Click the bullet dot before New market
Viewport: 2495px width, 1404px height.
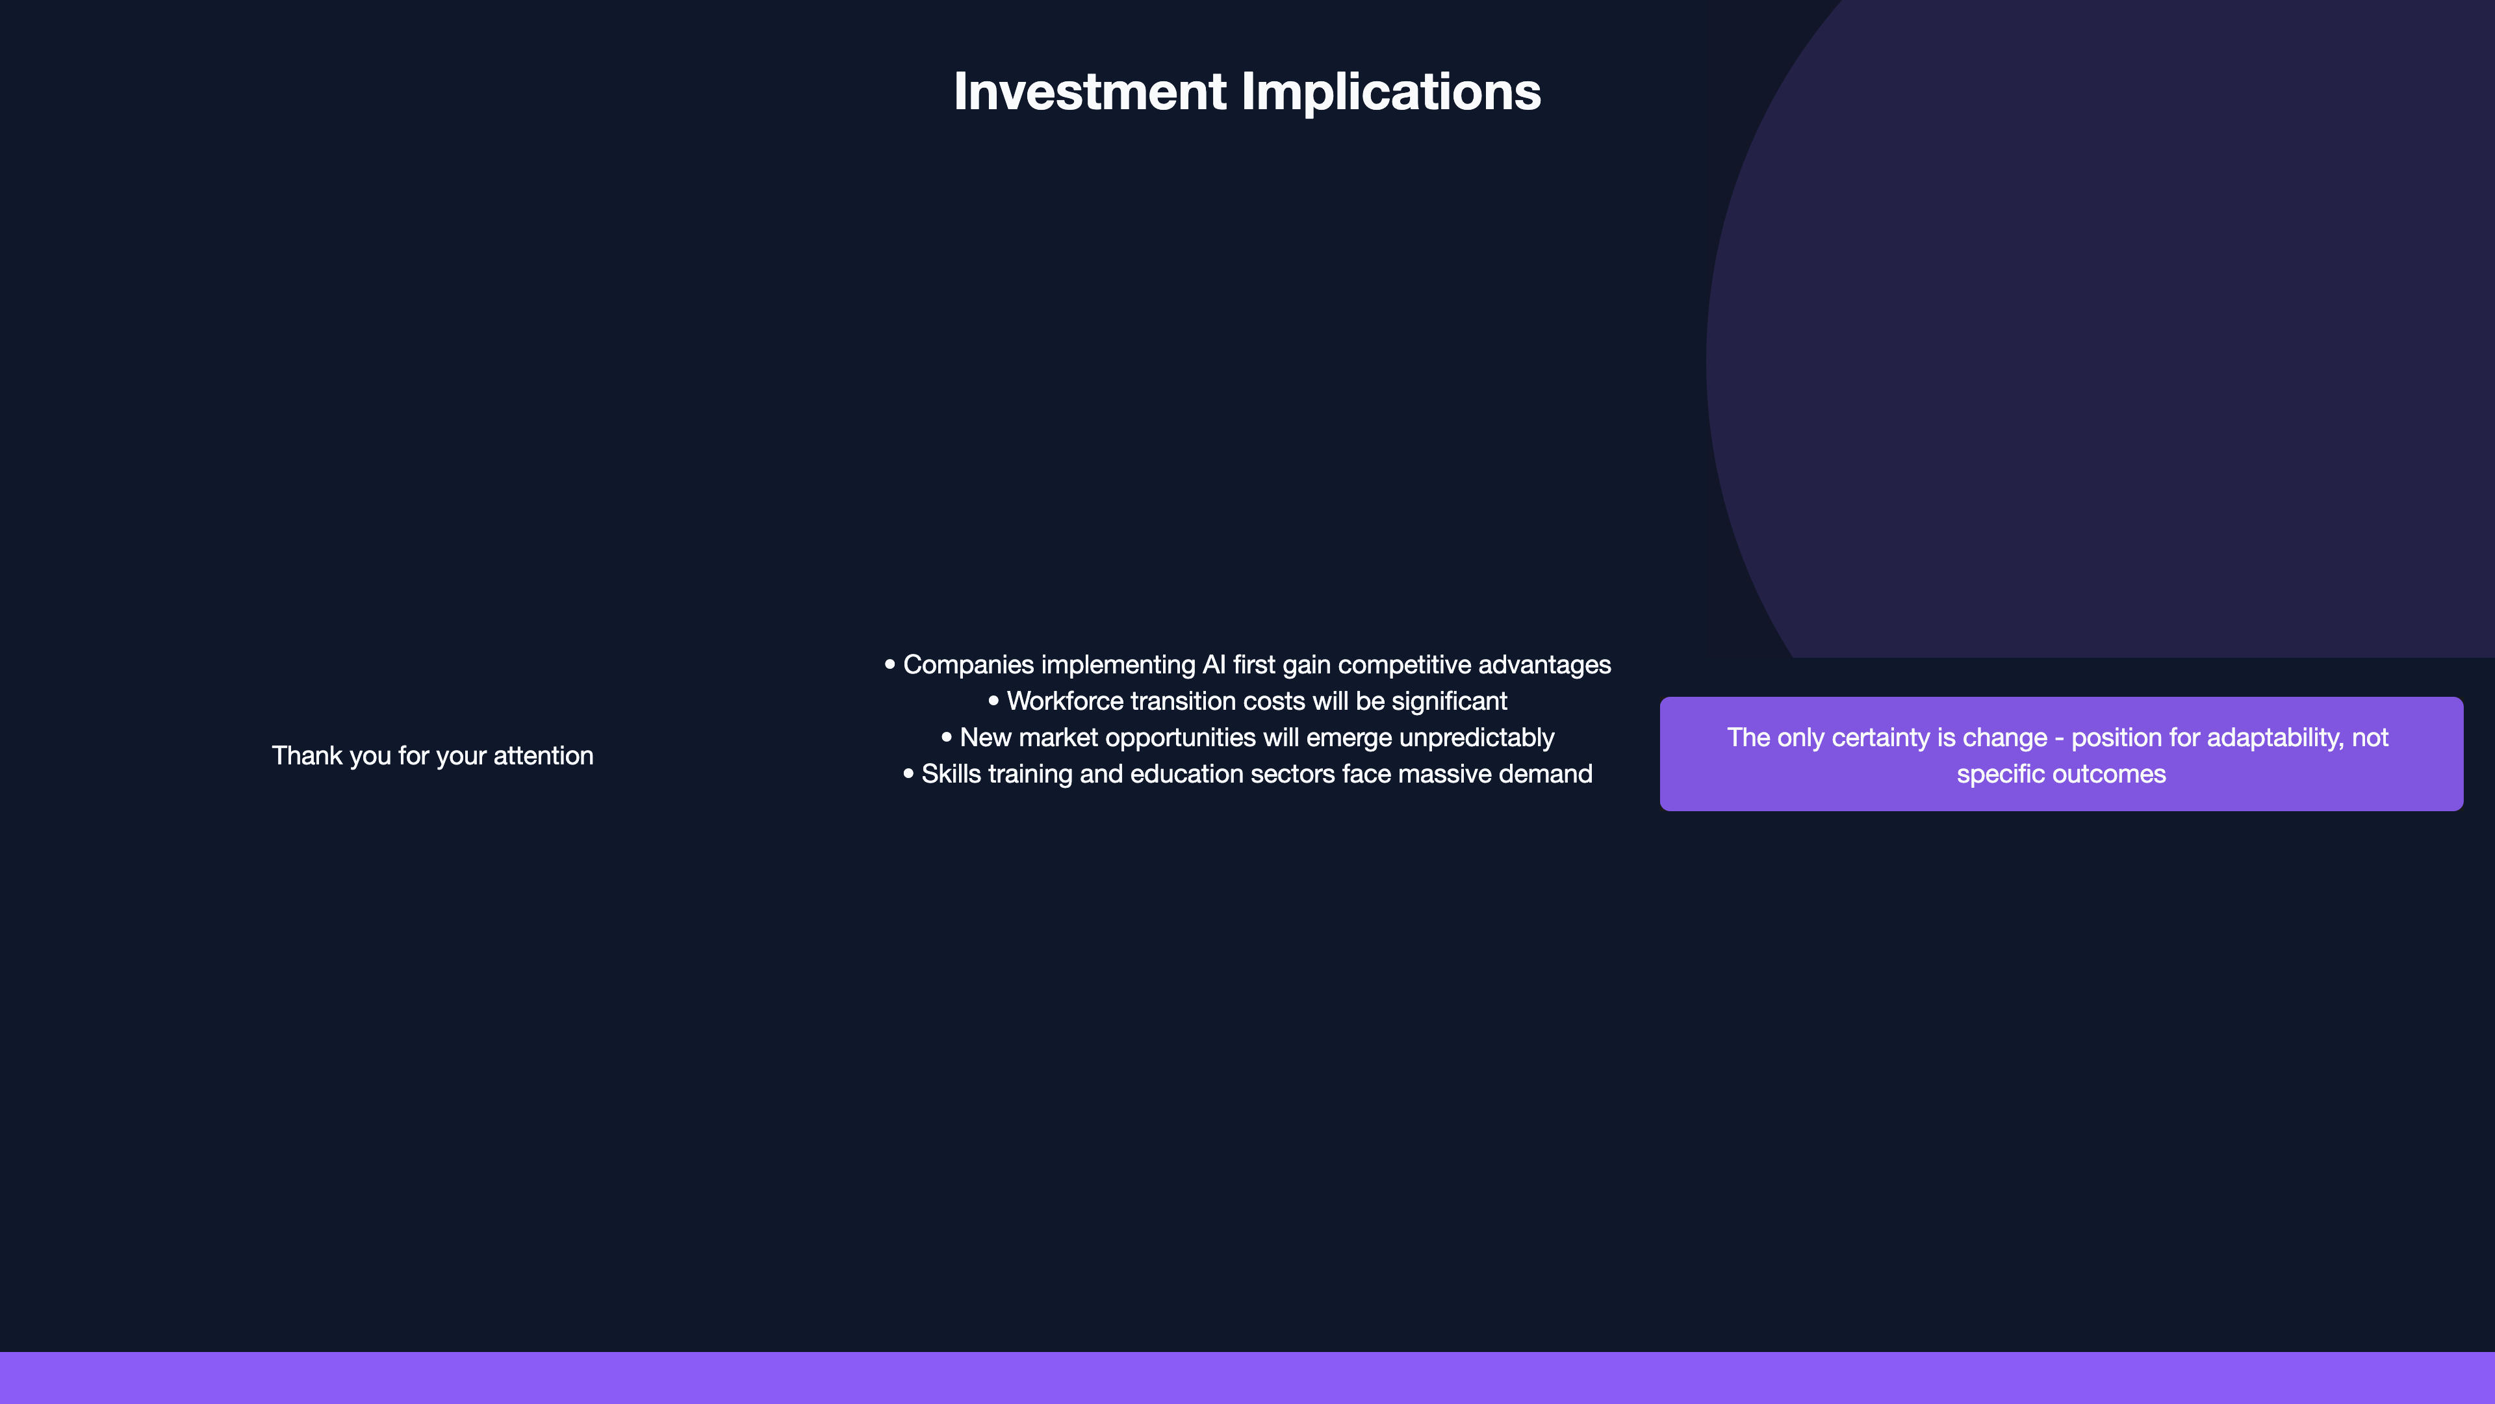(x=946, y=736)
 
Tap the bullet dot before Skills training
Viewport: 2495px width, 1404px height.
(x=908, y=773)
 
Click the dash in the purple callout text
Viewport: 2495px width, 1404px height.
(x=2059, y=739)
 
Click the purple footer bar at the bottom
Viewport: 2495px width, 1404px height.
(x=1247, y=1378)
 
